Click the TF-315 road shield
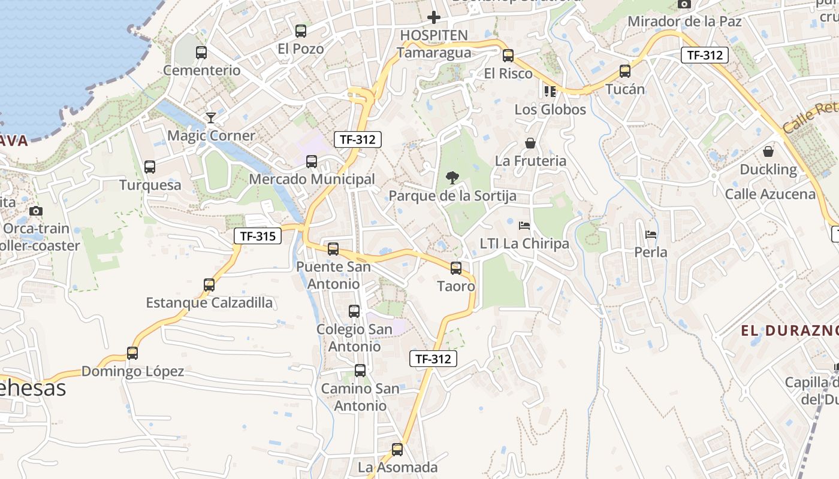(258, 236)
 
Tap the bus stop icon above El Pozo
(301, 31)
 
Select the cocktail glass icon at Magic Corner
(211, 117)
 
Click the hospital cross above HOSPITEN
(434, 17)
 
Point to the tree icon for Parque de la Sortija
(452, 177)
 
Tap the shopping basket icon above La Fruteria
(530, 143)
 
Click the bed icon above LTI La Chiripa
(524, 226)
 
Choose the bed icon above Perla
(651, 234)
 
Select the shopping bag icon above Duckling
(768, 151)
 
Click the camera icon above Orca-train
(36, 211)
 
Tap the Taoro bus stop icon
(456, 268)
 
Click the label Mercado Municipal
(312, 179)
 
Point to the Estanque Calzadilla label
(209, 302)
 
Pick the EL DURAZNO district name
(789, 331)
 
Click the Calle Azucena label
(770, 194)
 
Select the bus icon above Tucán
(625, 71)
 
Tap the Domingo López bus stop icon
(132, 353)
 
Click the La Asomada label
(397, 467)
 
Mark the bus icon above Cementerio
(201, 53)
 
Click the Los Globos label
(550, 110)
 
